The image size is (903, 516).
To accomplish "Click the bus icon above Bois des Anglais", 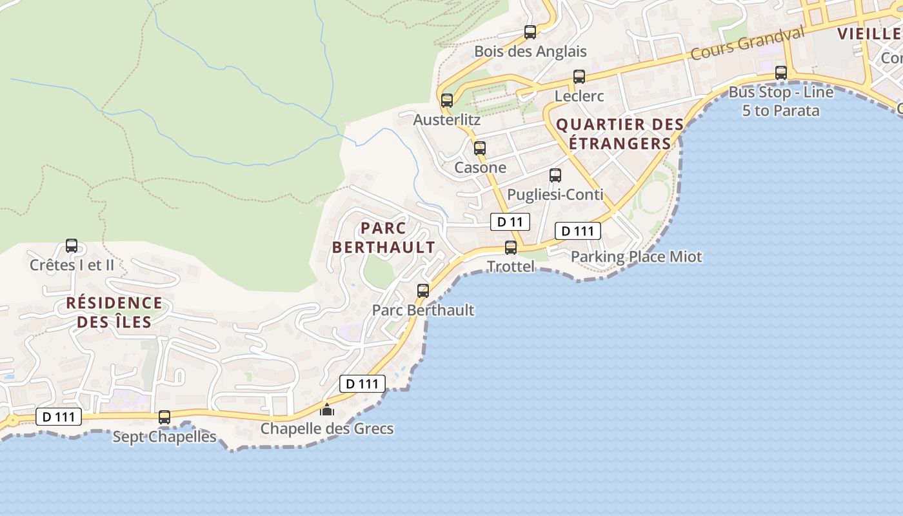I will point(530,32).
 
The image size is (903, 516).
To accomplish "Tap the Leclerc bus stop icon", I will point(579,77).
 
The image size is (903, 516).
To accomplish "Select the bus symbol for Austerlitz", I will point(447,101).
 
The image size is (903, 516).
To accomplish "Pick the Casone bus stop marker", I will point(480,148).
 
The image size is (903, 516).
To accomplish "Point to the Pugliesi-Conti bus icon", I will point(555,175).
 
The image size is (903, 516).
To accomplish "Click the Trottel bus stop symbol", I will point(511,248).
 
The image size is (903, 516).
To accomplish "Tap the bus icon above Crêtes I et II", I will point(72,246).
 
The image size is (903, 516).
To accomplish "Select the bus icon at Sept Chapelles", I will point(164,418).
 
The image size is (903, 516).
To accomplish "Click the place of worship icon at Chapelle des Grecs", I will point(327,410).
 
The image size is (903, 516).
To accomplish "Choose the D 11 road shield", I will point(510,222).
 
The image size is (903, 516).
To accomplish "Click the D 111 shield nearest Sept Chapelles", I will point(59,417).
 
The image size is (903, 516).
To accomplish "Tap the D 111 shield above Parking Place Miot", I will point(578,231).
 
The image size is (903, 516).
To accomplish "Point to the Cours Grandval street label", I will point(748,43).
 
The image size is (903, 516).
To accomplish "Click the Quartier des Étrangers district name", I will point(620,134).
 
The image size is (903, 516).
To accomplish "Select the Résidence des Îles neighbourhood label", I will point(114,312).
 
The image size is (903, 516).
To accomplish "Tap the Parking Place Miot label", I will point(637,257).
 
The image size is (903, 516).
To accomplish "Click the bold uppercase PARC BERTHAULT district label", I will point(384,237).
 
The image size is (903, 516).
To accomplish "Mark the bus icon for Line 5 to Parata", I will point(781,73).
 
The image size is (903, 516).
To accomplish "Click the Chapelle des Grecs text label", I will point(327,429).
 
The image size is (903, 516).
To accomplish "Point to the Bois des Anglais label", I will point(530,51).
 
